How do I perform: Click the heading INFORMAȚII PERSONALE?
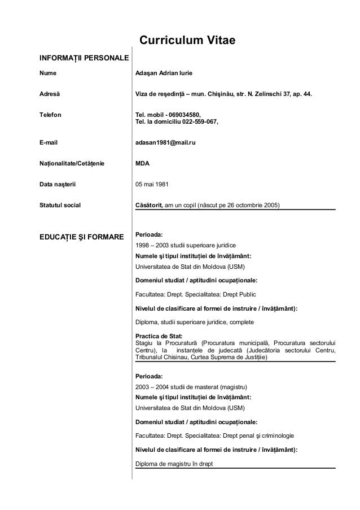coord(84,58)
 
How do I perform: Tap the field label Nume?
coord(47,73)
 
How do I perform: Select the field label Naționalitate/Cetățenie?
coord(72,164)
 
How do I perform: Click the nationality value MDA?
coord(143,164)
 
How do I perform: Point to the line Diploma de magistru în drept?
coord(174,465)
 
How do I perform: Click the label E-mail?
coord(49,143)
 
